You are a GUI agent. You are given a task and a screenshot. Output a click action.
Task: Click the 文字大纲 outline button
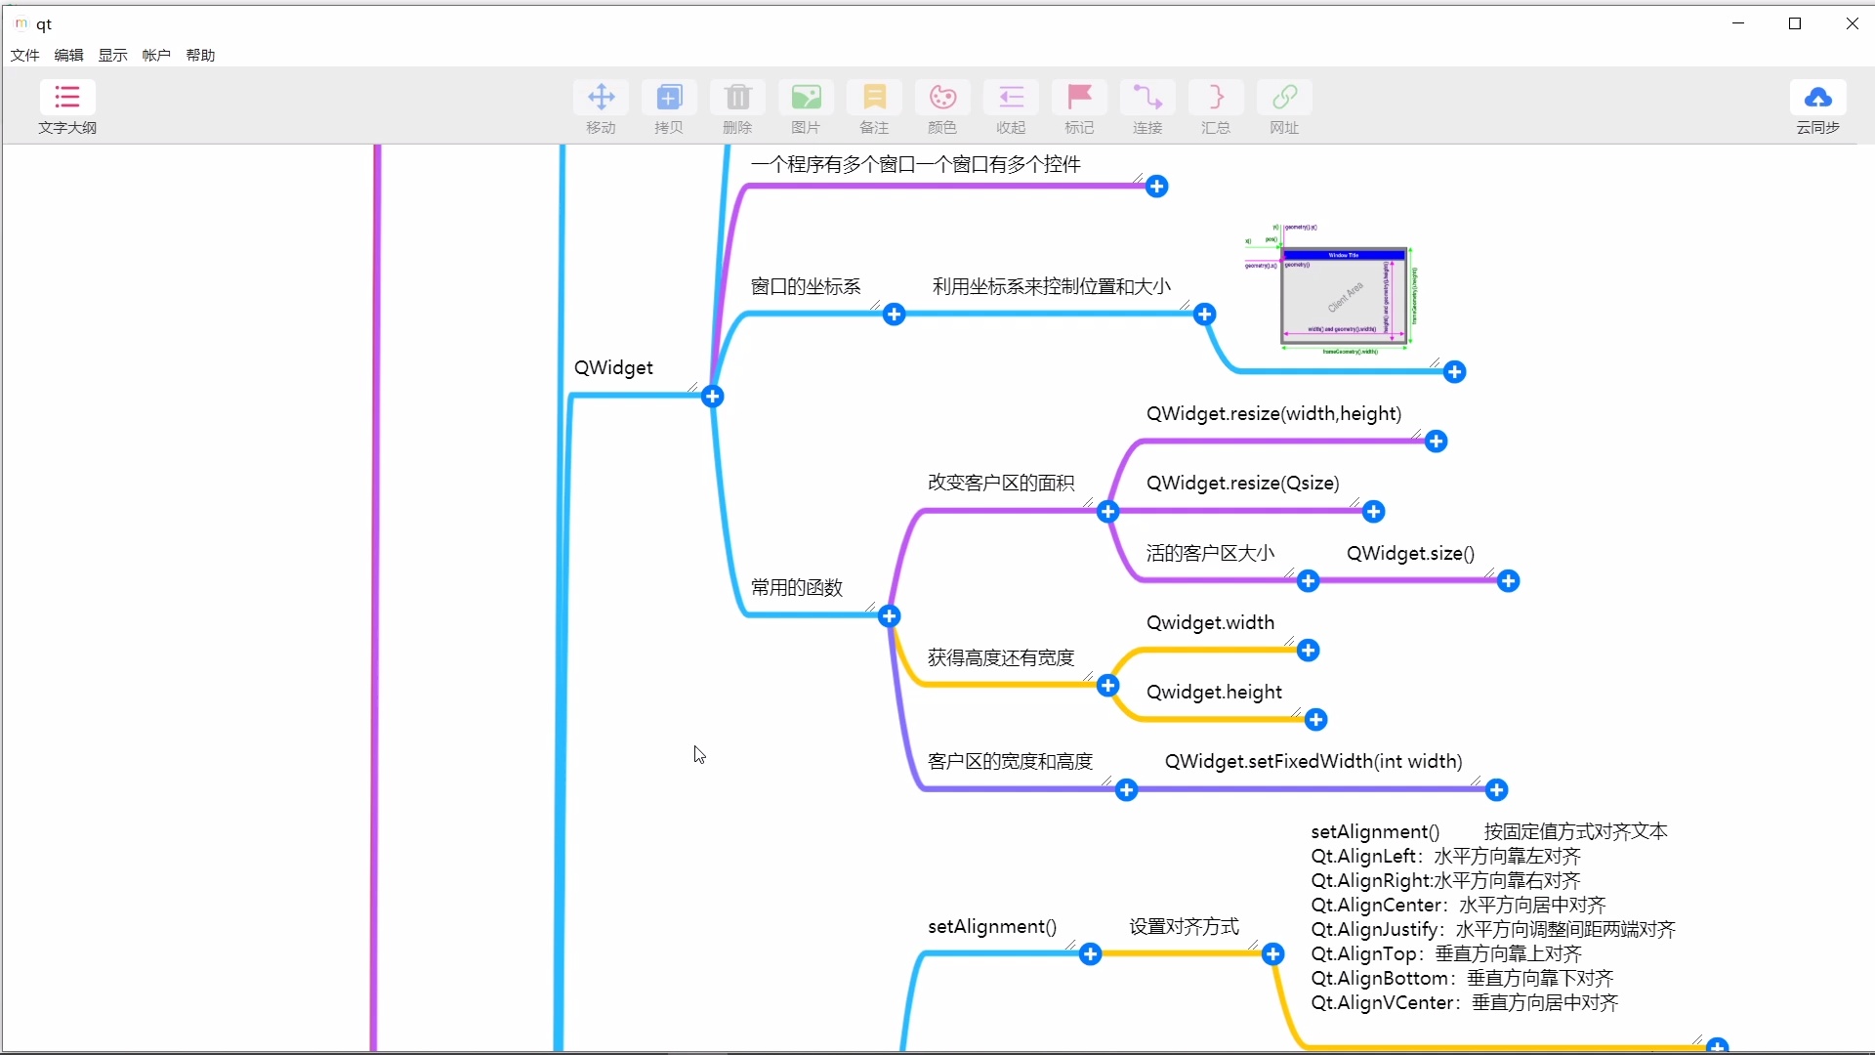tap(67, 106)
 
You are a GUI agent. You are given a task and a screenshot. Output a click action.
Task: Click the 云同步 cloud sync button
tap(1817, 106)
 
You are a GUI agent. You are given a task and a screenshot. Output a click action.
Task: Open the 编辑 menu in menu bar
tap(68, 56)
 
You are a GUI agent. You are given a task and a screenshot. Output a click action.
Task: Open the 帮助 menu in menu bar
tap(200, 56)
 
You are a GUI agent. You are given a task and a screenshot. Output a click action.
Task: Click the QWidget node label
tap(613, 368)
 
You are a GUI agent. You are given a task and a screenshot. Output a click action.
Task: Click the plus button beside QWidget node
tap(713, 397)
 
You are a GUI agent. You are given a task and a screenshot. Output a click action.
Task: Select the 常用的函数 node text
tap(796, 588)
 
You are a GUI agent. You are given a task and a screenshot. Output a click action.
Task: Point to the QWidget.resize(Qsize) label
tap(1242, 484)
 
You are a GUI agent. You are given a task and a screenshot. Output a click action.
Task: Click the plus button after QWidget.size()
tap(1509, 582)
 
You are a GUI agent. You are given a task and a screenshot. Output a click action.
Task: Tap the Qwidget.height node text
tap(1214, 693)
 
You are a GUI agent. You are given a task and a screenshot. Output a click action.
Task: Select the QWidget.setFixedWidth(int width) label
tap(1313, 762)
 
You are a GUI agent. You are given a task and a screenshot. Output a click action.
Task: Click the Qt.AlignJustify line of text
tap(1492, 930)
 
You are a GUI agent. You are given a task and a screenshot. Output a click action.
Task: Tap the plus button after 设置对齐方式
tap(1273, 954)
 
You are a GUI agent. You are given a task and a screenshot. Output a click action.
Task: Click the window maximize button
tap(1795, 23)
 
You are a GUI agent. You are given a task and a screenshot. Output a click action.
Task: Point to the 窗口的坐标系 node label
tap(806, 287)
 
